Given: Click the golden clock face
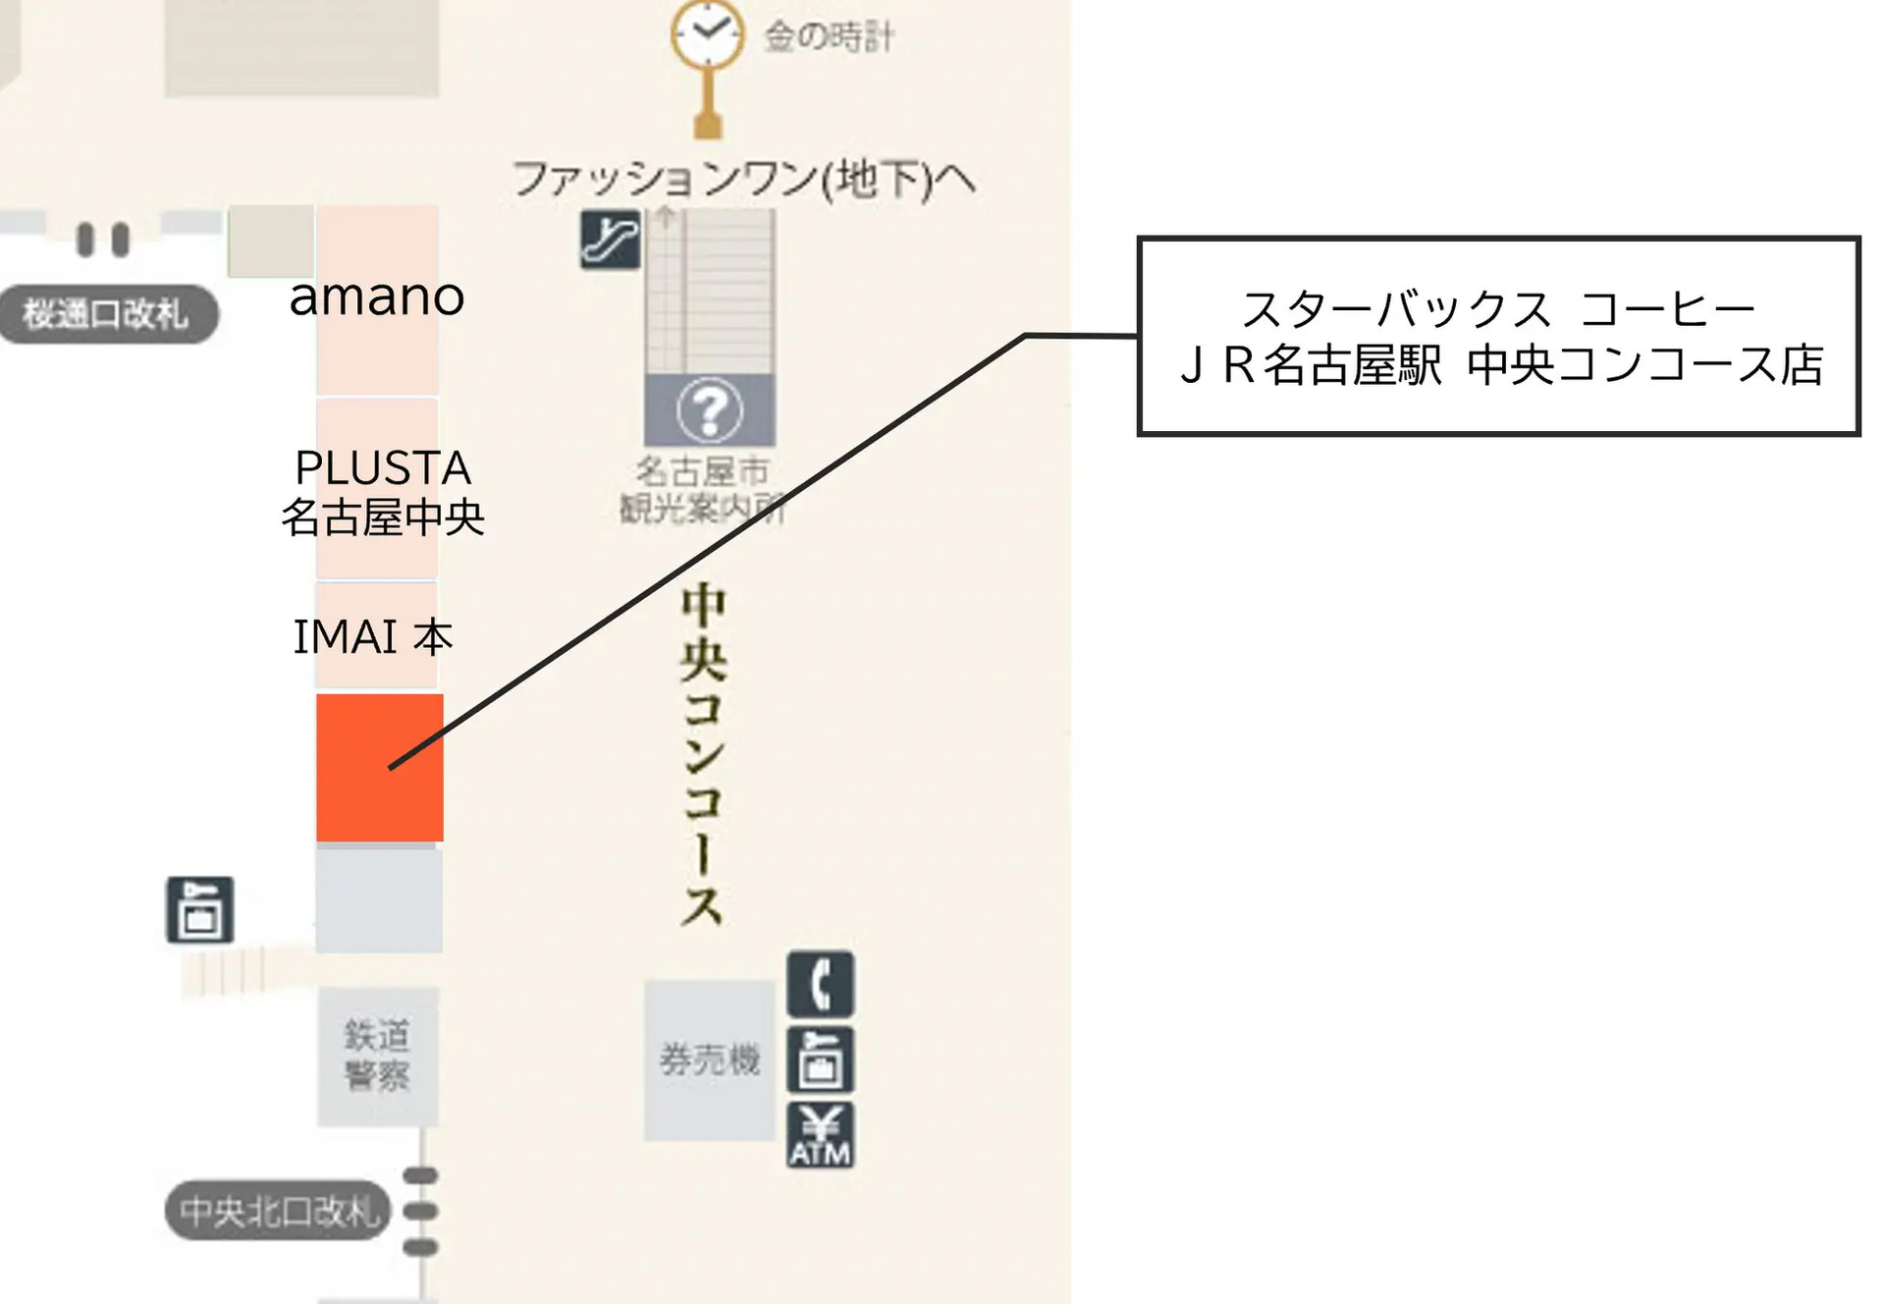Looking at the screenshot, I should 707,34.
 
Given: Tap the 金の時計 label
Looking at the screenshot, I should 830,37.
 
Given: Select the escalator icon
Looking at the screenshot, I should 610,239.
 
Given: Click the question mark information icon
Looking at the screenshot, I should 710,410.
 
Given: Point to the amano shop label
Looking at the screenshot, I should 377,297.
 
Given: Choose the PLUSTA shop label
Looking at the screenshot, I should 383,467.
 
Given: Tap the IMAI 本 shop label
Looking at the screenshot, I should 373,637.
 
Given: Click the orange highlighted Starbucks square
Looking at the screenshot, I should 380,767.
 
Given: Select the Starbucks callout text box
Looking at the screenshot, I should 1498,336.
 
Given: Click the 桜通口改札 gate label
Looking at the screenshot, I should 106,314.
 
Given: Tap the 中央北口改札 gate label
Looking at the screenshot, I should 278,1211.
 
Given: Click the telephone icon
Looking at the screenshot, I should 820,984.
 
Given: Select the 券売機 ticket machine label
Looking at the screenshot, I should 710,1059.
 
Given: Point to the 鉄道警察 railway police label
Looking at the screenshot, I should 377,1056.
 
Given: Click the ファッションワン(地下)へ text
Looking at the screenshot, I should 743,180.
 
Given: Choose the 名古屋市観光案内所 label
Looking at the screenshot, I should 703,490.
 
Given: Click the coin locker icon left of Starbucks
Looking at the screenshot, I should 200,910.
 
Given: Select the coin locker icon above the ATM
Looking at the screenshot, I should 820,1060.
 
